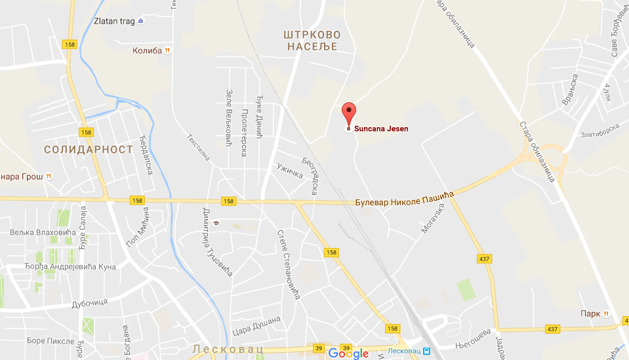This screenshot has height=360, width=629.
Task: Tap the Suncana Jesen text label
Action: (381, 129)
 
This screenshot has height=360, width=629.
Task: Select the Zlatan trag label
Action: (114, 21)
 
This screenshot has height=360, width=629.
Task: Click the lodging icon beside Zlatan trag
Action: (141, 21)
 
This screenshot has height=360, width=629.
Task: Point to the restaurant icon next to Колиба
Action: (169, 50)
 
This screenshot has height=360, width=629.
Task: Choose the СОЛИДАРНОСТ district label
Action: (89, 150)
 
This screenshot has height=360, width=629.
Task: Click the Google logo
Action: (348, 353)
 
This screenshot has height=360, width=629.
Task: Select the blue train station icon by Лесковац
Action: (426, 351)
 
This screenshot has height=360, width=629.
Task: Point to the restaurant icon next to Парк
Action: (607, 313)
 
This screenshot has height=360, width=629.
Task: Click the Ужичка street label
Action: (290, 169)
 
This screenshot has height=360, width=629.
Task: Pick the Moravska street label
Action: (432, 218)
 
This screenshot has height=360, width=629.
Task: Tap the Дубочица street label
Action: (90, 302)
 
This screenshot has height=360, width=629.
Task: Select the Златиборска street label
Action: (600, 130)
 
